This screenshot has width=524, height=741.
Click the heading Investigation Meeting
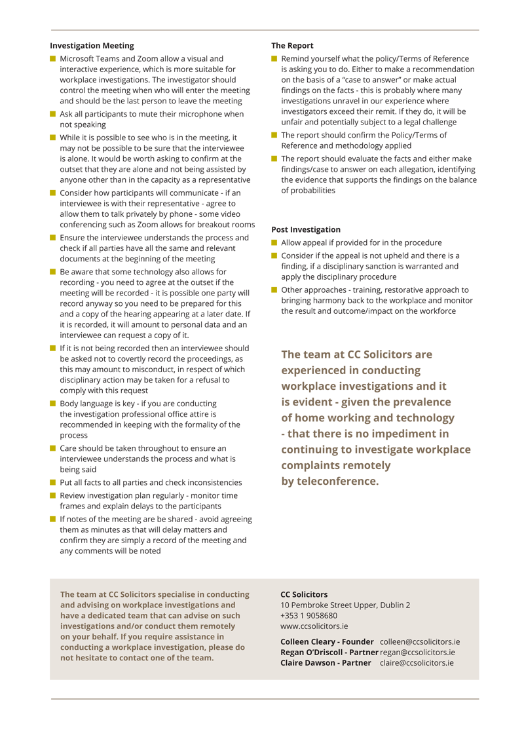pyautogui.click(x=92, y=46)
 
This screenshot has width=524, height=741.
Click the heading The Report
pyautogui.click(x=292, y=46)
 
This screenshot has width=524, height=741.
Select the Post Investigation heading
pyautogui.click(x=306, y=229)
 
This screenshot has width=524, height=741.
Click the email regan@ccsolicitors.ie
pyautogui.click(x=417, y=652)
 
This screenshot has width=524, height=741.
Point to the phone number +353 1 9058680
pyautogui.click(x=309, y=615)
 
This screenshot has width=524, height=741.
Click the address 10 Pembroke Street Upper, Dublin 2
pyautogui.click(x=345, y=605)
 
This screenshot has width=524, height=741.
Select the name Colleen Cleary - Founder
pyautogui.click(x=327, y=641)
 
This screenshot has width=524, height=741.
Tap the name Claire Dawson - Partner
pyautogui.click(x=326, y=662)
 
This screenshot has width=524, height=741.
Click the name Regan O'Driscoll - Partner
pyautogui.click(x=329, y=652)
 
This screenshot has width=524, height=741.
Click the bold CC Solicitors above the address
pyautogui.click(x=304, y=594)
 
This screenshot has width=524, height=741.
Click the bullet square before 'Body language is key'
pyautogui.click(x=53, y=404)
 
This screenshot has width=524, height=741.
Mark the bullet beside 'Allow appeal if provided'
pyautogui.click(x=274, y=242)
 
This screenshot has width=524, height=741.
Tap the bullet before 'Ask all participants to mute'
pyautogui.click(x=53, y=114)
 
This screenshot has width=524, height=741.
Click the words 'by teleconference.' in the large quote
pyautogui.click(x=329, y=481)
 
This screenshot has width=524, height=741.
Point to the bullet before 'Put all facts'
pyautogui.click(x=53, y=482)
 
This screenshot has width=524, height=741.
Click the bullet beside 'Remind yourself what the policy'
pyautogui.click(x=274, y=59)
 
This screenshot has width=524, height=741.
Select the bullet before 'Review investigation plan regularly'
pyautogui.click(x=53, y=495)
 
